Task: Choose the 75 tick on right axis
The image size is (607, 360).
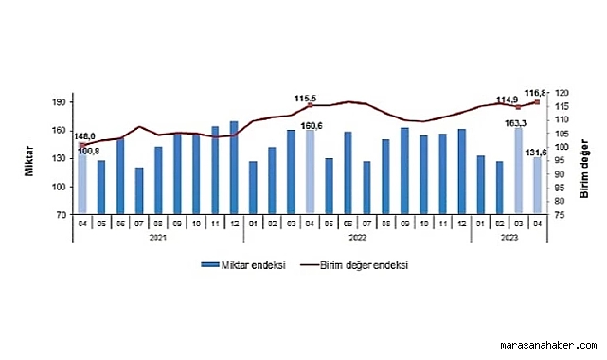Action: pyautogui.click(x=561, y=215)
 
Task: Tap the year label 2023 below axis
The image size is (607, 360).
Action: pyautogui.click(x=509, y=240)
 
